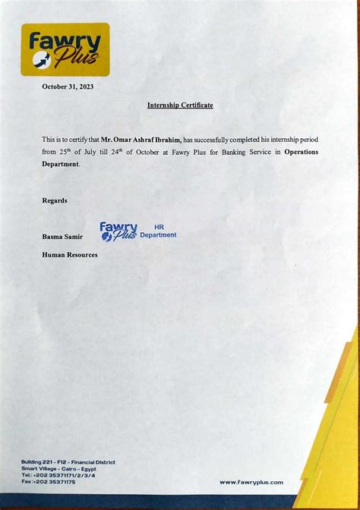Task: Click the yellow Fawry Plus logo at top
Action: (x=65, y=49)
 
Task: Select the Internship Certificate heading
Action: (x=180, y=105)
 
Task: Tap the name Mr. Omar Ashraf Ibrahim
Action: (x=141, y=140)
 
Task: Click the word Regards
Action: (x=55, y=200)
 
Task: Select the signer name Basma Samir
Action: (x=62, y=237)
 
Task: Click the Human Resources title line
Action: (x=70, y=255)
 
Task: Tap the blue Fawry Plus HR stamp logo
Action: (x=118, y=231)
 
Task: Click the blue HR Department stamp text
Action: (x=158, y=231)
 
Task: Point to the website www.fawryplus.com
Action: (x=251, y=482)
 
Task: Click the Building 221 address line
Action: (x=68, y=461)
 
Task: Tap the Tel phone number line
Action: (x=58, y=475)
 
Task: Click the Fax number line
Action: (x=49, y=482)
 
